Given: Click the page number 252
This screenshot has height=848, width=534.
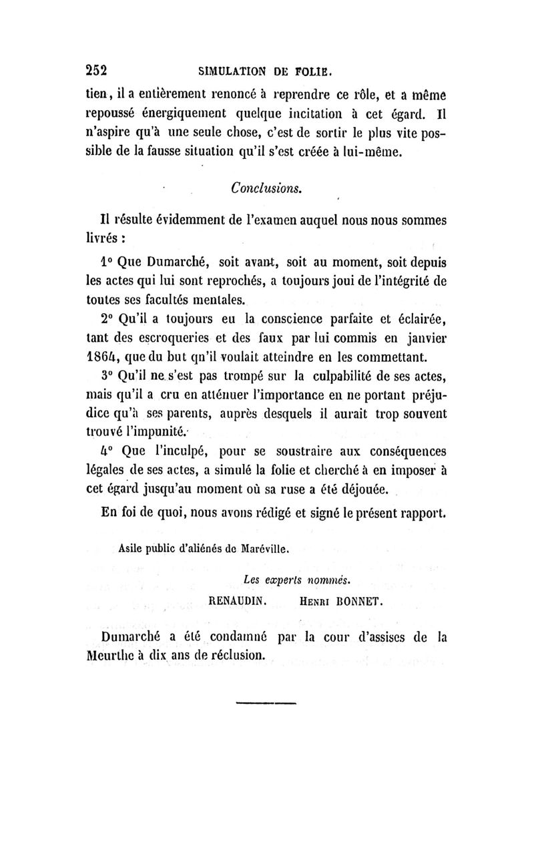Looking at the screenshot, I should [x=97, y=69].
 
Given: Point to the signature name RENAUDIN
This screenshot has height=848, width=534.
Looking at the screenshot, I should [x=238, y=600].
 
